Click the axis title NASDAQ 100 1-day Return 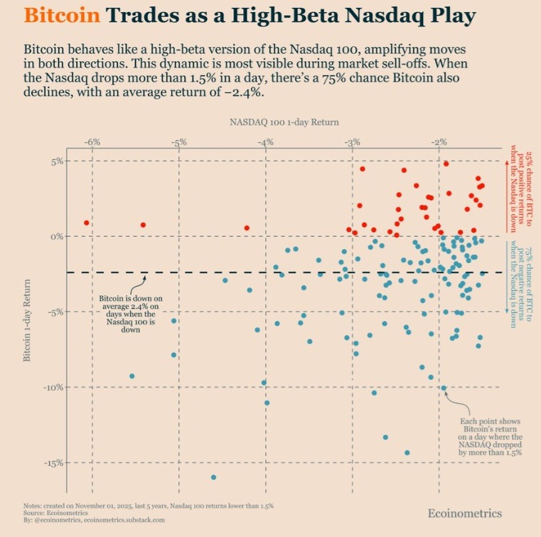[284, 122]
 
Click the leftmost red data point [87, 223]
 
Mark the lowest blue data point [213, 477]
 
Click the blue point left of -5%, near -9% [132, 376]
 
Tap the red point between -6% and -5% [143, 225]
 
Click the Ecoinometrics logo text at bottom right [464, 513]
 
